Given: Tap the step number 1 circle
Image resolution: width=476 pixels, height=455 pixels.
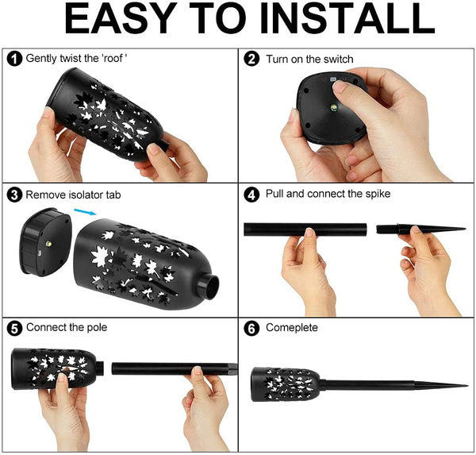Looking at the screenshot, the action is [x=14, y=58].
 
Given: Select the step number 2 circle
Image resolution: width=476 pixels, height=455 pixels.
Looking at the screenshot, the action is [x=251, y=59].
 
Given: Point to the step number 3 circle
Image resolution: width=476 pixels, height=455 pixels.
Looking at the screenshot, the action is [x=14, y=195].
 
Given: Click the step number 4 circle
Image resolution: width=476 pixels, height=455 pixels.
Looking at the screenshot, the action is [x=251, y=195].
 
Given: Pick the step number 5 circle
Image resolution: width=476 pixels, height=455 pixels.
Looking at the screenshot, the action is [x=14, y=329].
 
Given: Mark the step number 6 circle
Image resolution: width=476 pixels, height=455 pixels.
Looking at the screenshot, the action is [x=251, y=329].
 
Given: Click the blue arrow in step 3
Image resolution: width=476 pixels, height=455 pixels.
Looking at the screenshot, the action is [x=86, y=212].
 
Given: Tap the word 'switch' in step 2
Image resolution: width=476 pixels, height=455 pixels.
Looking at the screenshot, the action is [x=339, y=59].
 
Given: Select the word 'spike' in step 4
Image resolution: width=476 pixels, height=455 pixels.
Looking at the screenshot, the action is [x=378, y=195].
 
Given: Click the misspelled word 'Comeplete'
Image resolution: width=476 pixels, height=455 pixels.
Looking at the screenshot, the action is [x=292, y=328].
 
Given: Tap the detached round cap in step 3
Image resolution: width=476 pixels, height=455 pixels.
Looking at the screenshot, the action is [x=45, y=242].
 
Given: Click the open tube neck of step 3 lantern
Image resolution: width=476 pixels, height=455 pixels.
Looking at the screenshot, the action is [x=208, y=287].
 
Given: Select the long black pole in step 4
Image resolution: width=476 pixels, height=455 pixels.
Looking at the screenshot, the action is [x=305, y=229].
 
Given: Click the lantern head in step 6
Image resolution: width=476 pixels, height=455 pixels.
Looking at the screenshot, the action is [x=286, y=384].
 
